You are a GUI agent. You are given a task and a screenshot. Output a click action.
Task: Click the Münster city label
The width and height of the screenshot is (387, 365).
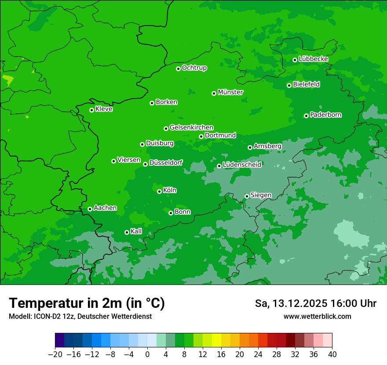point(230,92)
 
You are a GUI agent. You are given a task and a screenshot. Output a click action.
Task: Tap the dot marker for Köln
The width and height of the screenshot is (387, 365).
point(159,191)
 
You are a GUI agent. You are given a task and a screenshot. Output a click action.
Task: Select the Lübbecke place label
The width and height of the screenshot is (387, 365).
point(313,59)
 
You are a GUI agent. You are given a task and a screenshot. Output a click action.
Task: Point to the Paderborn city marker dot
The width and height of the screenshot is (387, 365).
point(306,116)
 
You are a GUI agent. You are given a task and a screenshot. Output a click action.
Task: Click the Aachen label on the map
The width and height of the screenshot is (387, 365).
point(105,208)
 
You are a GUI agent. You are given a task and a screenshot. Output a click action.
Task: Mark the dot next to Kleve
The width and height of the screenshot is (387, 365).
point(91,110)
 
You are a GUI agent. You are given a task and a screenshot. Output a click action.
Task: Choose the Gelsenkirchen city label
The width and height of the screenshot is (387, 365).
point(191,128)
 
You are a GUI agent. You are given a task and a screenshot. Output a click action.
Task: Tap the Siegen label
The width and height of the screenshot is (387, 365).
point(261,195)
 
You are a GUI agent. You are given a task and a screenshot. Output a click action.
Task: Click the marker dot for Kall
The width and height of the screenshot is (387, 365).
point(127,232)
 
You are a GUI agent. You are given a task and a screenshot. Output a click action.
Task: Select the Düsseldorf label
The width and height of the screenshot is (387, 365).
point(166,163)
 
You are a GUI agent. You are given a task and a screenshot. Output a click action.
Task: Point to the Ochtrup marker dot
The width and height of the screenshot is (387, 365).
point(178,69)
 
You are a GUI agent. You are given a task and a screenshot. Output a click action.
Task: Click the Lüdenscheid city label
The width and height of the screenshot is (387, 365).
point(242,165)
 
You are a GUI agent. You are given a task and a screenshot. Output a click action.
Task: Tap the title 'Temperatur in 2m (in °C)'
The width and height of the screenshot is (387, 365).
point(87,303)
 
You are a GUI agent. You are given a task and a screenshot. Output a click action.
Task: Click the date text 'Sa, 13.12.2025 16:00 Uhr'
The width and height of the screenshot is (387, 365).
point(316,303)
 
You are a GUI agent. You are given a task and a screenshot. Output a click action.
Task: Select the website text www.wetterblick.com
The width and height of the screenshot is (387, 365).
point(317,316)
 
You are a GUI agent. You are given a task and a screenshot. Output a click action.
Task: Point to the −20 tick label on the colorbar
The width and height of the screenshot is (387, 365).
point(55,354)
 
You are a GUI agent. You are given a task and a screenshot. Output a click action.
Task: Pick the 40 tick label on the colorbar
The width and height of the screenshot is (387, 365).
point(332,354)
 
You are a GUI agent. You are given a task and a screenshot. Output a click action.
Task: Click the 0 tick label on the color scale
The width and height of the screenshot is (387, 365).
point(147,354)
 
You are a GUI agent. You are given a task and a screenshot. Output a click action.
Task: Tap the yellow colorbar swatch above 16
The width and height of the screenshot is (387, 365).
point(216,340)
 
